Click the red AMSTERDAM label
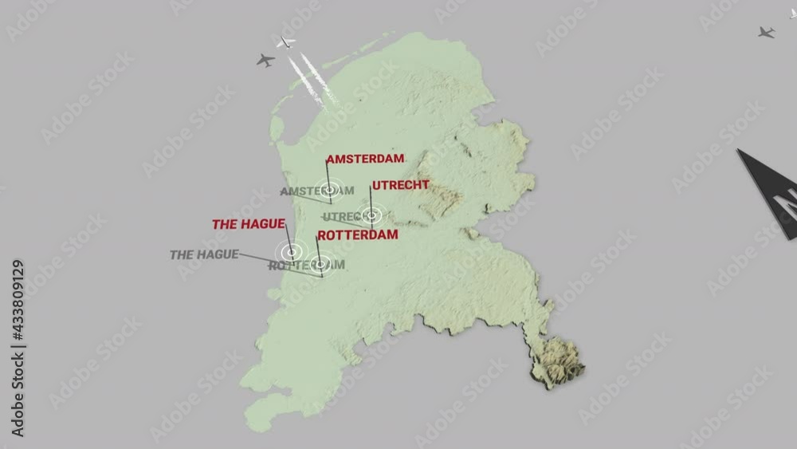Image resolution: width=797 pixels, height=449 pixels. [365, 159]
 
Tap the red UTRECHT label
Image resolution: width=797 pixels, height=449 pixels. [400, 185]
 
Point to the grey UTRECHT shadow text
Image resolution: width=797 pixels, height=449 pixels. [344, 217]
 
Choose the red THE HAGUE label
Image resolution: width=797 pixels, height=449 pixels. [248, 224]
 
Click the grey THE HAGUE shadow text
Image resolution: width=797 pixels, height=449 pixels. [204, 254]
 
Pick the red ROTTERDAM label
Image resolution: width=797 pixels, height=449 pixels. [357, 235]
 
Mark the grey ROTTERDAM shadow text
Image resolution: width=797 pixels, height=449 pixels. [306, 265]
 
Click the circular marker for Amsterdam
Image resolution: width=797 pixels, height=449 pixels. [330, 190]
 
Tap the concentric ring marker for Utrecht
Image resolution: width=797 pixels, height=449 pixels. [371, 215]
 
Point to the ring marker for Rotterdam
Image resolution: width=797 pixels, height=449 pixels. [320, 263]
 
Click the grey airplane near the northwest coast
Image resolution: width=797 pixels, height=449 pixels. [265, 60]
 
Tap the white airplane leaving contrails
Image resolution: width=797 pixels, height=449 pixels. [285, 41]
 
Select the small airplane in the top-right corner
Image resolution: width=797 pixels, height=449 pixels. [766, 32]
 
